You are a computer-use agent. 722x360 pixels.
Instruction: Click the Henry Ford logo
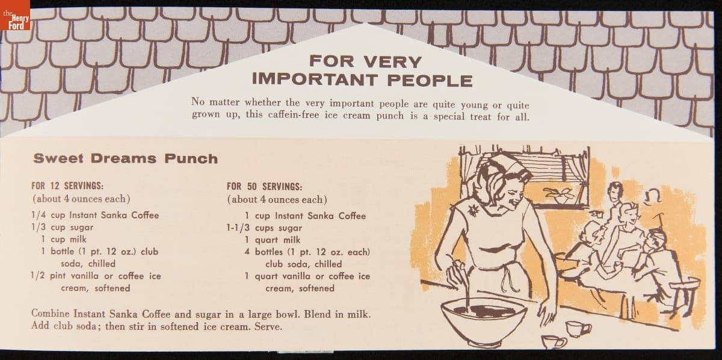[15, 15]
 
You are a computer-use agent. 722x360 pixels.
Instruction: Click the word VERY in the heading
[392, 61]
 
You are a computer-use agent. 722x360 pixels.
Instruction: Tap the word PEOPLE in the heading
[430, 80]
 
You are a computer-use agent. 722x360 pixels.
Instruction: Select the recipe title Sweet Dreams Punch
[125, 158]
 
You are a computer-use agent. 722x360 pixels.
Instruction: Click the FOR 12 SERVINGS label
[67, 186]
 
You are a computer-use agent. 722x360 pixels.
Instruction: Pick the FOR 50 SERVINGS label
[264, 187]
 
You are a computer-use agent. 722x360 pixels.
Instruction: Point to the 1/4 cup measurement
[48, 215]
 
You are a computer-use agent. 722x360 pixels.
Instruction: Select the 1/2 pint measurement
[48, 276]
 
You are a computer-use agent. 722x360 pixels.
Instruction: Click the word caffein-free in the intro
[294, 115]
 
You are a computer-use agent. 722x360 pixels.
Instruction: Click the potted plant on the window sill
[558, 195]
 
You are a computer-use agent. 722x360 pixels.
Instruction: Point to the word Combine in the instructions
[51, 313]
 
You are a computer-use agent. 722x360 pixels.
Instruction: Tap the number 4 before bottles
[247, 252]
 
